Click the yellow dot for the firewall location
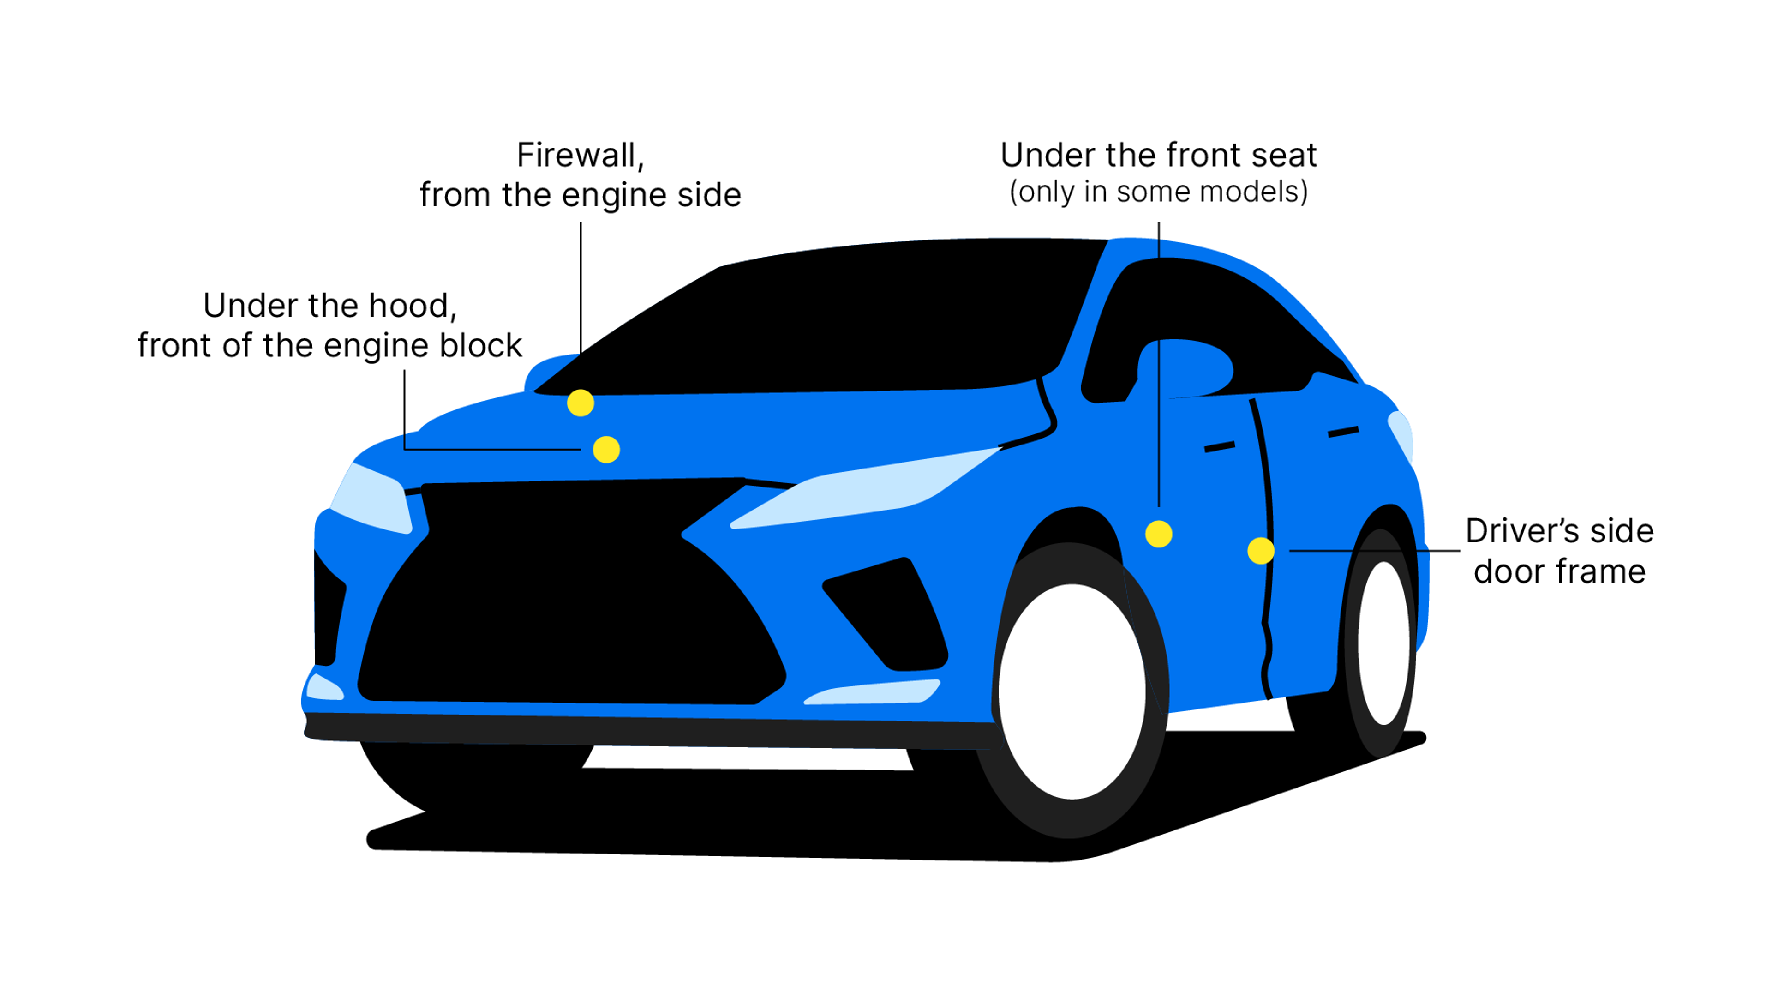tap(580, 403)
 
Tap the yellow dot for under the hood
tap(606, 450)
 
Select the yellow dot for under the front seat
tap(1158, 534)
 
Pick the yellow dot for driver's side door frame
tap(1260, 551)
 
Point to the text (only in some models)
tap(1158, 192)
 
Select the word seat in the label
tap(1284, 156)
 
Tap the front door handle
tap(1219, 447)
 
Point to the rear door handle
tap(1343, 432)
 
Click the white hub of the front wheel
tap(1071, 691)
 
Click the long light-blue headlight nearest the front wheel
tap(867, 489)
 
